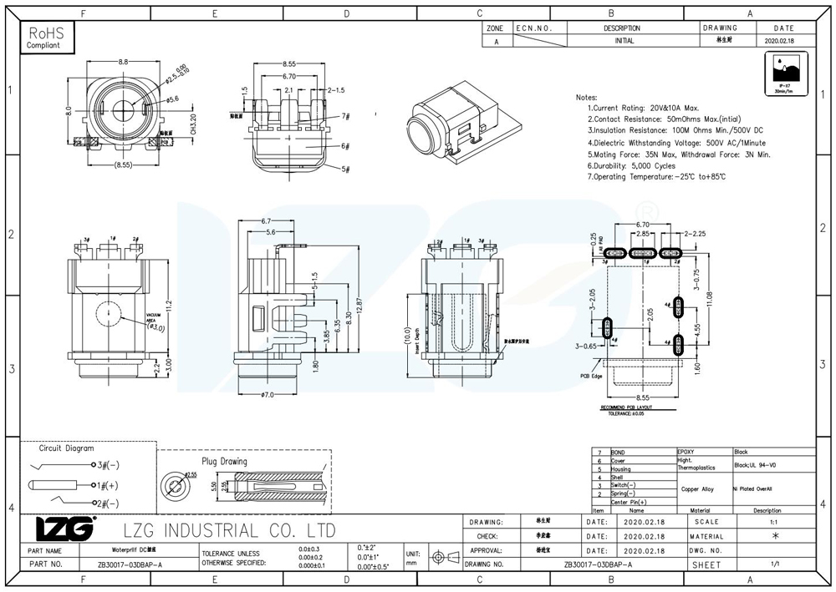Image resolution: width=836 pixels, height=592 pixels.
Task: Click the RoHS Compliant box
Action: [47, 37]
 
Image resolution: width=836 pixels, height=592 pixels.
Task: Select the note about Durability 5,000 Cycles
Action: [631, 165]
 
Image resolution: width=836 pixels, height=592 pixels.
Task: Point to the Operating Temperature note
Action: [656, 177]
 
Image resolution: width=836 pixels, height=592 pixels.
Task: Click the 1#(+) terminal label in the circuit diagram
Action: [107, 484]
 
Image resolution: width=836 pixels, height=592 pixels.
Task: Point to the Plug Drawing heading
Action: [224, 461]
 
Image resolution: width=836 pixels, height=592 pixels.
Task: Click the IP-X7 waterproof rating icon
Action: [783, 78]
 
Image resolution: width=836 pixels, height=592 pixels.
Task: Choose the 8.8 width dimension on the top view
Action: [124, 63]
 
